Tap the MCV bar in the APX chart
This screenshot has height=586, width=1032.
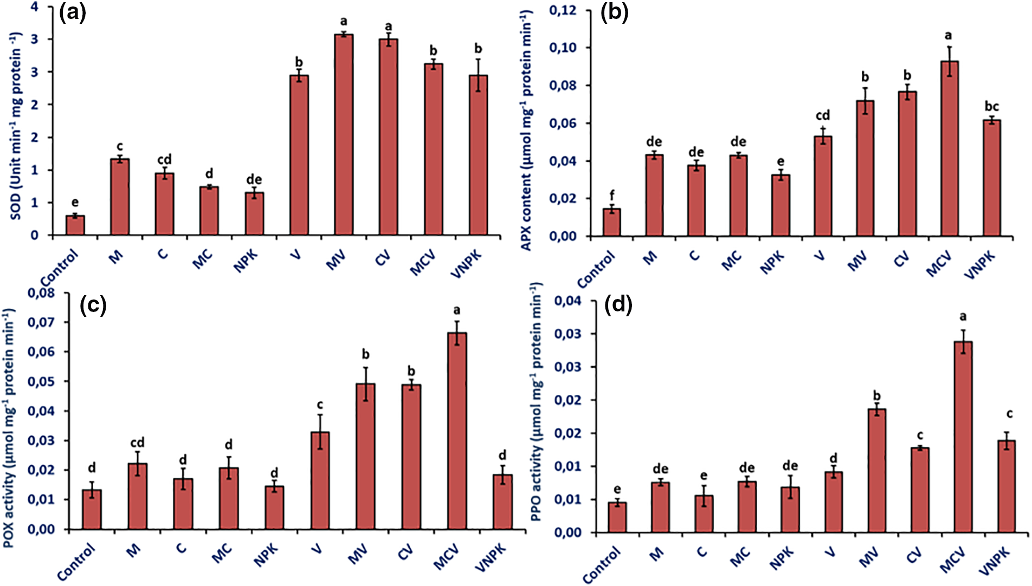[949, 148]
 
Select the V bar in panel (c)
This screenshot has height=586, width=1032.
[320, 480]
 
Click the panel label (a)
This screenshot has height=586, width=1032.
[72, 12]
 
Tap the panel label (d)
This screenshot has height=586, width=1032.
[618, 306]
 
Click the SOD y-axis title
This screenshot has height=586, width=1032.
[16, 126]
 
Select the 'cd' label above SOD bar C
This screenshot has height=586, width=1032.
[164, 159]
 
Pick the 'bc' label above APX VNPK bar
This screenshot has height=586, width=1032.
[992, 106]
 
